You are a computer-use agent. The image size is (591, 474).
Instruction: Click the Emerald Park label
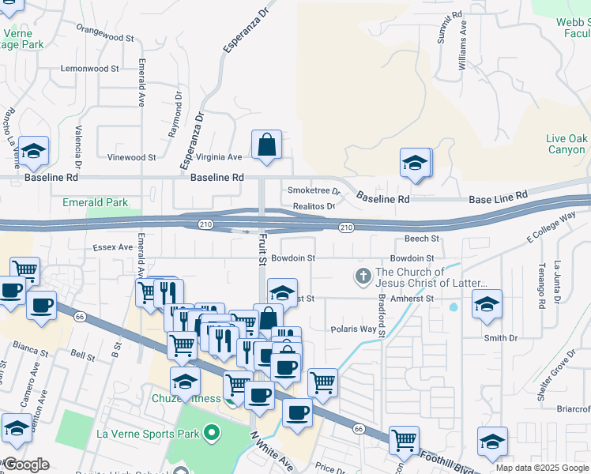click(x=95, y=203)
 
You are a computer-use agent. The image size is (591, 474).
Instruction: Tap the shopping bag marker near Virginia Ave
click(x=267, y=145)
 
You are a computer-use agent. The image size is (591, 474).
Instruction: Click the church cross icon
click(x=363, y=276)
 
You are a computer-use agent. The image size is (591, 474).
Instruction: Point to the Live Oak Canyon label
click(x=566, y=144)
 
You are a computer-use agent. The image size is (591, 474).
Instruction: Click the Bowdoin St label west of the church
click(x=292, y=258)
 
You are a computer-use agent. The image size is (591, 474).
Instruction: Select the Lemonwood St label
click(x=89, y=69)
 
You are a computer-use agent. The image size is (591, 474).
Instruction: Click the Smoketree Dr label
click(x=313, y=190)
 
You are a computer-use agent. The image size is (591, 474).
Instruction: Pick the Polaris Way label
click(x=353, y=329)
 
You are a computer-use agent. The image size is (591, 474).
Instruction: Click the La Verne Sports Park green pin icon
click(x=211, y=433)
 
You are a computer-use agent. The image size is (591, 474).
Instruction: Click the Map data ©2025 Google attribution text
click(x=541, y=468)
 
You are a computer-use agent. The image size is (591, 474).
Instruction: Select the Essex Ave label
click(x=113, y=247)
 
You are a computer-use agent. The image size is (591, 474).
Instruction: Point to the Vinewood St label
click(x=131, y=157)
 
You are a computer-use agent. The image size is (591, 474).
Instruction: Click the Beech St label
click(x=421, y=238)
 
